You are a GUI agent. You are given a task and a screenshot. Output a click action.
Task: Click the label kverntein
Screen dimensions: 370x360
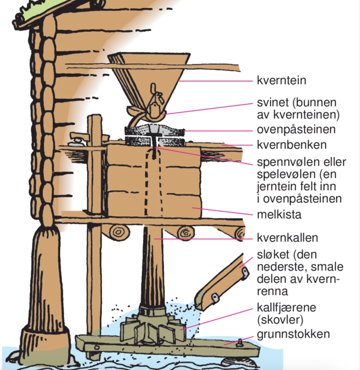point(281,80)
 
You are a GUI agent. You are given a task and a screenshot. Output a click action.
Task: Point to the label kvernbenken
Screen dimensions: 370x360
point(292,145)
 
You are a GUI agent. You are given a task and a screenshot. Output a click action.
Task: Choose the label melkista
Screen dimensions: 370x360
point(279,214)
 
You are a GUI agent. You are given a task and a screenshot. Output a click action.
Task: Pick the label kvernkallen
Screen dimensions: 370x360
point(288,238)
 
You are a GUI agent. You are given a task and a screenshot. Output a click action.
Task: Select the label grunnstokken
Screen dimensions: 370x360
point(293,333)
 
